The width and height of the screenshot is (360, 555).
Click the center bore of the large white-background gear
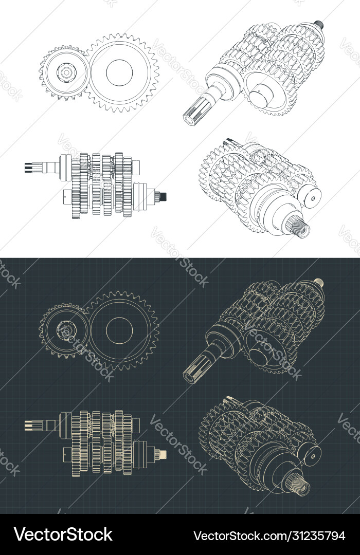pos(120,72)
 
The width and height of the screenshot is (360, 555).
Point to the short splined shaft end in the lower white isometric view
pos(301,228)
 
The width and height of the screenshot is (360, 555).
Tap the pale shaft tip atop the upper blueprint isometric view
pos(319,282)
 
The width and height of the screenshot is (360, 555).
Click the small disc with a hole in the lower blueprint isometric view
pos(311,454)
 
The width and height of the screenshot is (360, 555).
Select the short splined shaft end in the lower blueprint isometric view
pos(301,486)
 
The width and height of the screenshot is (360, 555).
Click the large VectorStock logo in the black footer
pos(63,534)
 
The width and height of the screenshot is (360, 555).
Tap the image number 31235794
pos(314,535)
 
